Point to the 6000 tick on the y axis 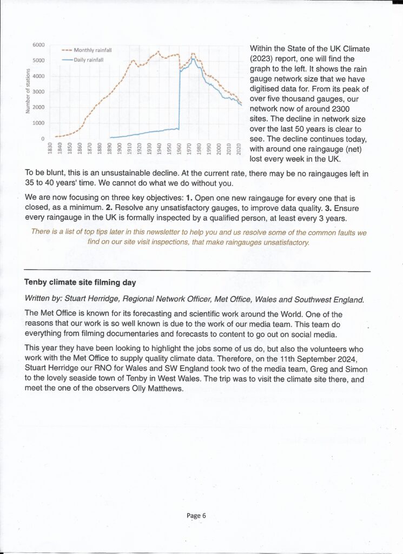tap(38, 45)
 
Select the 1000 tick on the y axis tap(38, 123)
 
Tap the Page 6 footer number tap(196, 516)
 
